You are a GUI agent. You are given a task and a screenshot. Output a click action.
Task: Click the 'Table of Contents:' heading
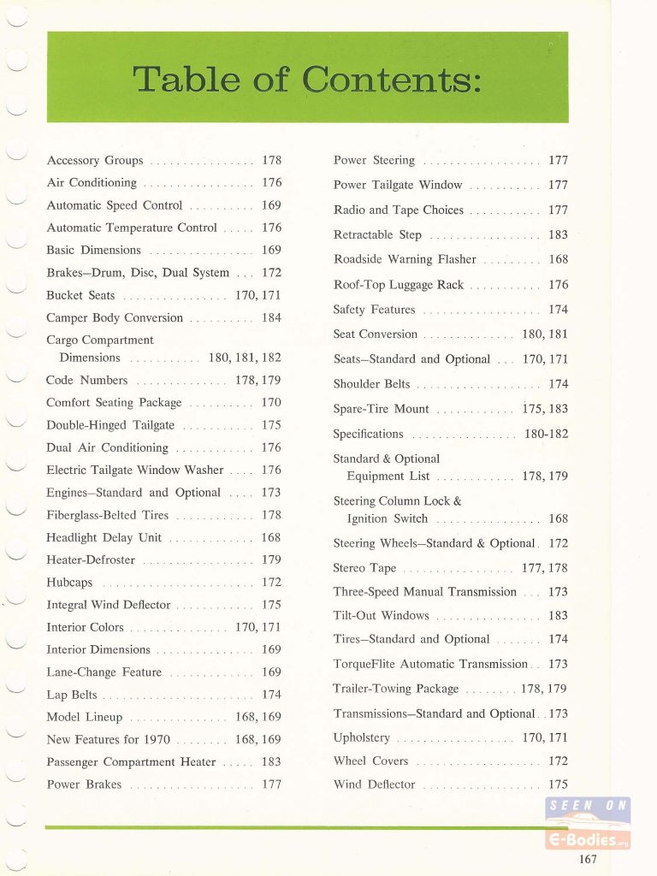tap(308, 80)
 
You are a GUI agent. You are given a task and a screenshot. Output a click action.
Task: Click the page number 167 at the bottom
tap(588, 860)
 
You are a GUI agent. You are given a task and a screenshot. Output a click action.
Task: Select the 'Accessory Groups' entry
tap(95, 160)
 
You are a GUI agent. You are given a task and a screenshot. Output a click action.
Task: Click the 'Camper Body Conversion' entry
tap(115, 317)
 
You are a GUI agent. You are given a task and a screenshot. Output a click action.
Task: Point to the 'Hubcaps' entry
tap(69, 582)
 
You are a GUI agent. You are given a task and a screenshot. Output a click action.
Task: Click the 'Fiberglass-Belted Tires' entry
tap(108, 515)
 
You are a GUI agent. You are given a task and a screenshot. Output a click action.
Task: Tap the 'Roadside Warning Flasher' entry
tap(404, 259)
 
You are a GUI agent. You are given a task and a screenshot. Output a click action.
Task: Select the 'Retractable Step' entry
tap(377, 234)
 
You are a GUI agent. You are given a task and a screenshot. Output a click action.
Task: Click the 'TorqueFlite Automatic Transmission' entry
tap(430, 664)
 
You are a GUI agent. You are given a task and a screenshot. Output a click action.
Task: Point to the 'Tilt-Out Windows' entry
tap(381, 615)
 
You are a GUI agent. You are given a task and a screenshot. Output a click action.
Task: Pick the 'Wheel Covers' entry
tap(370, 761)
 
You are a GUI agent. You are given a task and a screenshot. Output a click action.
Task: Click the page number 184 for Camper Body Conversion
tap(271, 317)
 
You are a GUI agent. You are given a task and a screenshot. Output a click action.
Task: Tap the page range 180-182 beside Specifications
tap(546, 434)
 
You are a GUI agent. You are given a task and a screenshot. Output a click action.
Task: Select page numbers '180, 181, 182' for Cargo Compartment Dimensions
tap(245, 358)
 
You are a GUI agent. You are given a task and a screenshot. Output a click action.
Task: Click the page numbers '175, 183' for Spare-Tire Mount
tap(545, 409)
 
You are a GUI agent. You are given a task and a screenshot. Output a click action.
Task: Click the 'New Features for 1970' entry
tap(108, 739)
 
